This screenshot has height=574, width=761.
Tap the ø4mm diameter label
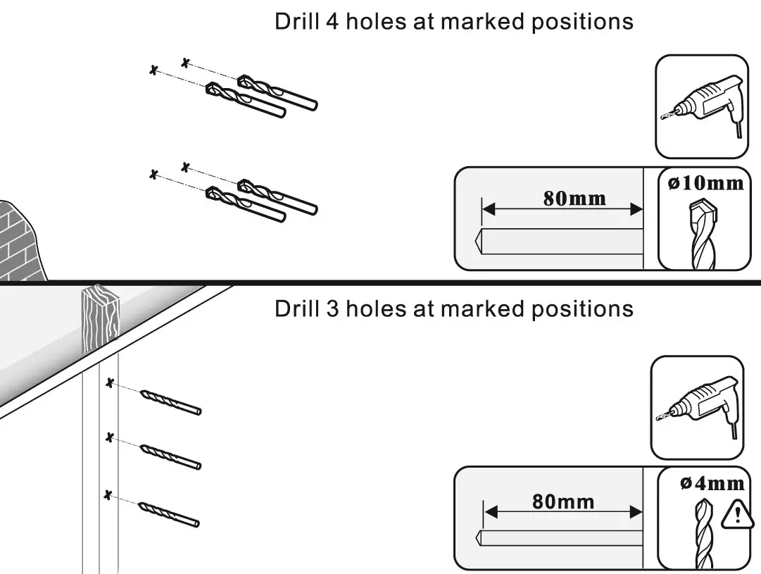(712, 483)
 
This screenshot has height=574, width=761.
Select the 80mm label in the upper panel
(574, 198)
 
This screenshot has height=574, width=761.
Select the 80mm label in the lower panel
(563, 501)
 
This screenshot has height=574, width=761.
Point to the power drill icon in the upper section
(700, 106)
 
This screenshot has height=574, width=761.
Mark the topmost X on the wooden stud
(109, 383)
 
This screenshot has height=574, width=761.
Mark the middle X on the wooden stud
(109, 438)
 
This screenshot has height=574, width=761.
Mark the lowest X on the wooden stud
(108, 494)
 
